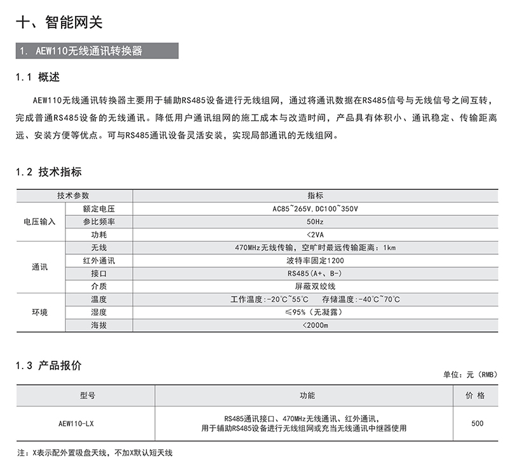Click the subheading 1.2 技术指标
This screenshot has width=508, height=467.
[x=49, y=172]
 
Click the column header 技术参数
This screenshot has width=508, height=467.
[x=74, y=196]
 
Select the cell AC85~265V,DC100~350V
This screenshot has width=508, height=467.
[x=315, y=208]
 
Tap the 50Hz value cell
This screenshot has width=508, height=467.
[x=315, y=222]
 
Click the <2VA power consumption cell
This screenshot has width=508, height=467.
[x=315, y=234]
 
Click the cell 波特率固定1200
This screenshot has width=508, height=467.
[x=315, y=261]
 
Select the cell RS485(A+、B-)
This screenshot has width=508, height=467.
[x=315, y=273]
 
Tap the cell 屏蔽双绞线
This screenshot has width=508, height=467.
[x=315, y=287]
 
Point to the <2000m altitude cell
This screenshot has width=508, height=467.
[x=315, y=325]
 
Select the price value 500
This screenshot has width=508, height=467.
[x=478, y=424]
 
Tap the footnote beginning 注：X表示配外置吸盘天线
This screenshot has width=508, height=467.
[x=95, y=453]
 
